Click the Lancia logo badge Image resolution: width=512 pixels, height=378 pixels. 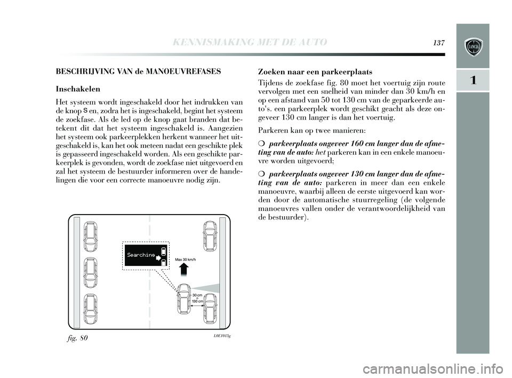[x=473, y=46]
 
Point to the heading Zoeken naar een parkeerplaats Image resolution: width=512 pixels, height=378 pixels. [x=315, y=71]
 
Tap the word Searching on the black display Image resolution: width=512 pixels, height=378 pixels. [x=140, y=255]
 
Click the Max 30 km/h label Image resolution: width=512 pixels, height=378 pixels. [x=186, y=260]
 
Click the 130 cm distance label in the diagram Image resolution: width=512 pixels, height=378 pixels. [x=197, y=302]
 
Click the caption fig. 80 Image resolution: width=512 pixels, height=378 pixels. [x=79, y=338]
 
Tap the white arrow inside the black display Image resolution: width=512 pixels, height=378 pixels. [x=158, y=256]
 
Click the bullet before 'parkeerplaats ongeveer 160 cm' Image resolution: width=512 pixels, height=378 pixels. [x=261, y=144]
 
